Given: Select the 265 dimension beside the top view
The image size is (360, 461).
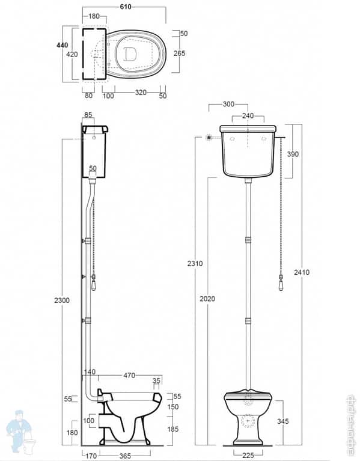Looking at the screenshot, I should [179, 53].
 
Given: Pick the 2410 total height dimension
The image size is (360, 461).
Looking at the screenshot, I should [302, 272].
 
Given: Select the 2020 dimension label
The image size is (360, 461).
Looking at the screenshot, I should [207, 299].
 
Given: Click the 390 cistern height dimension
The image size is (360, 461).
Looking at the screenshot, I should [293, 154].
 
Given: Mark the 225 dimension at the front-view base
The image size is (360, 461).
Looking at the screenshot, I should [247, 455].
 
